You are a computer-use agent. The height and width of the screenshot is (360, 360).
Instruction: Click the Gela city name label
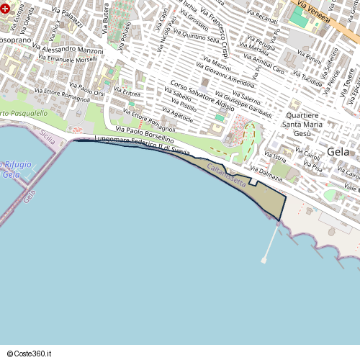[x=339, y=152]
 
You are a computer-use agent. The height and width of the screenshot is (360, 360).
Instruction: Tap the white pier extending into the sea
[x=270, y=241]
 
